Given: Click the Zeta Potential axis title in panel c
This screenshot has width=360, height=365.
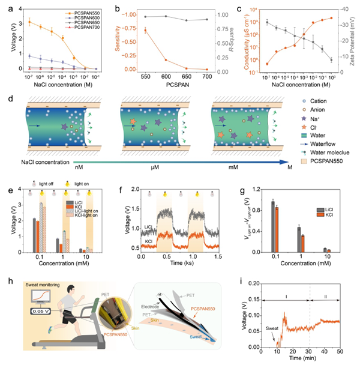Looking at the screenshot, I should pyautogui.click(x=353, y=40).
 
